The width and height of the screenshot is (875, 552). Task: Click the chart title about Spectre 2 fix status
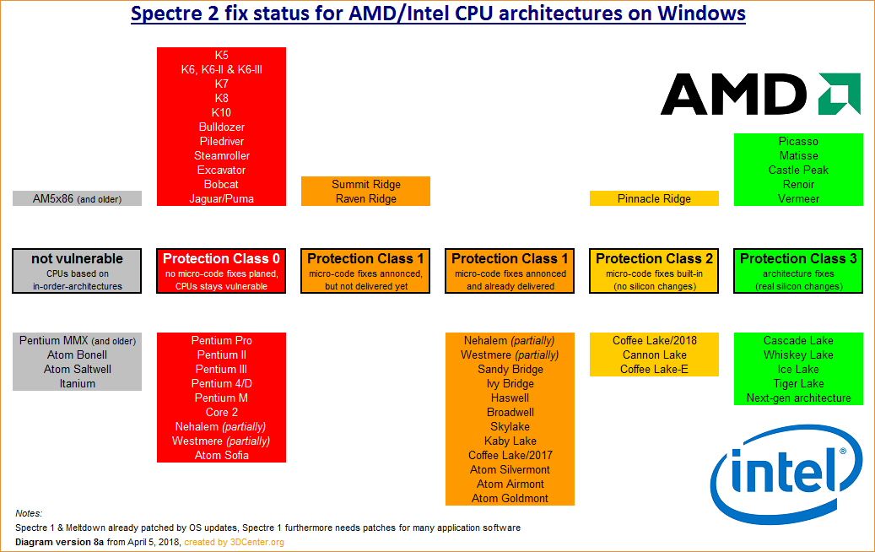tap(438, 14)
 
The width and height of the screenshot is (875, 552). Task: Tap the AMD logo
tap(759, 94)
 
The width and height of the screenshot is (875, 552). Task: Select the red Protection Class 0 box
tap(221, 271)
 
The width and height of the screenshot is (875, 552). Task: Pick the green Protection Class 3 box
tap(798, 271)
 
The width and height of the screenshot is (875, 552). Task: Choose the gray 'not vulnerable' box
tap(77, 271)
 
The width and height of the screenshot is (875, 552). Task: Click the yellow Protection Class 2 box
tap(654, 271)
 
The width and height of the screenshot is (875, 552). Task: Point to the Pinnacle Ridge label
tap(654, 199)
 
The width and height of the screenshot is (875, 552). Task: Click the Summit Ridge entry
tap(365, 185)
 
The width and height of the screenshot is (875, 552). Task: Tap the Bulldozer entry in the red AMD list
tap(221, 127)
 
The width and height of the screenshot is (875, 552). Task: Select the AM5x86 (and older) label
tap(77, 199)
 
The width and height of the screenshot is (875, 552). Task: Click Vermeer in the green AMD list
tap(798, 199)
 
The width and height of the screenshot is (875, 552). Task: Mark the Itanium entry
tap(77, 384)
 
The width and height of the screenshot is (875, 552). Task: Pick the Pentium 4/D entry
tap(221, 384)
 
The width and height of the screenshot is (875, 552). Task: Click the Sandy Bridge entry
tap(510, 370)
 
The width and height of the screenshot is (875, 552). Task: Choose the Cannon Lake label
tap(654, 355)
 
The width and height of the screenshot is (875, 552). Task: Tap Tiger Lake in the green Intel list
tap(798, 384)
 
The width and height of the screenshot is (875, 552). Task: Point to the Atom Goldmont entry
tap(510, 499)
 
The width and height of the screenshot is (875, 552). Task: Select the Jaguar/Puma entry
tap(221, 199)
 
